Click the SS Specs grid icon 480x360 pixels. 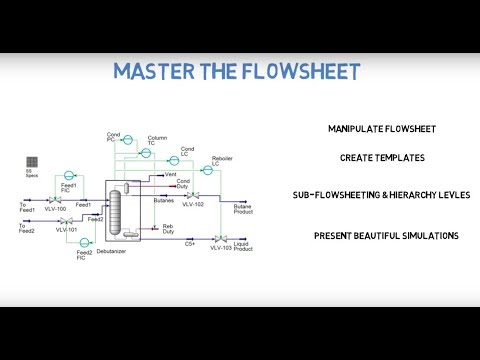click(33, 161)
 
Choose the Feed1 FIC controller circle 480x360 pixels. click(68, 170)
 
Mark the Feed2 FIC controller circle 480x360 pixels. click(85, 242)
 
